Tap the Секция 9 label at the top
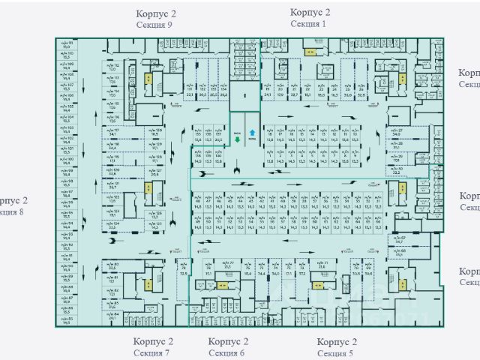(154, 25)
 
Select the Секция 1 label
(309, 24)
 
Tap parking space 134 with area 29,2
(224, 90)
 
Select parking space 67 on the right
(400, 239)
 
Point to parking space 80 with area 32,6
(113, 265)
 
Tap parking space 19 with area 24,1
(267, 90)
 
